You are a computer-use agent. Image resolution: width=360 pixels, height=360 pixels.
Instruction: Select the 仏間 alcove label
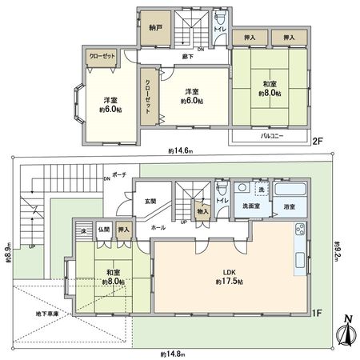coord(105,228)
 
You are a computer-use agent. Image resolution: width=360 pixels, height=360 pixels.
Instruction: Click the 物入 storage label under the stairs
coord(203,211)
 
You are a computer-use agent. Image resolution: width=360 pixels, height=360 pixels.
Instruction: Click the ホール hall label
coord(158,228)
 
